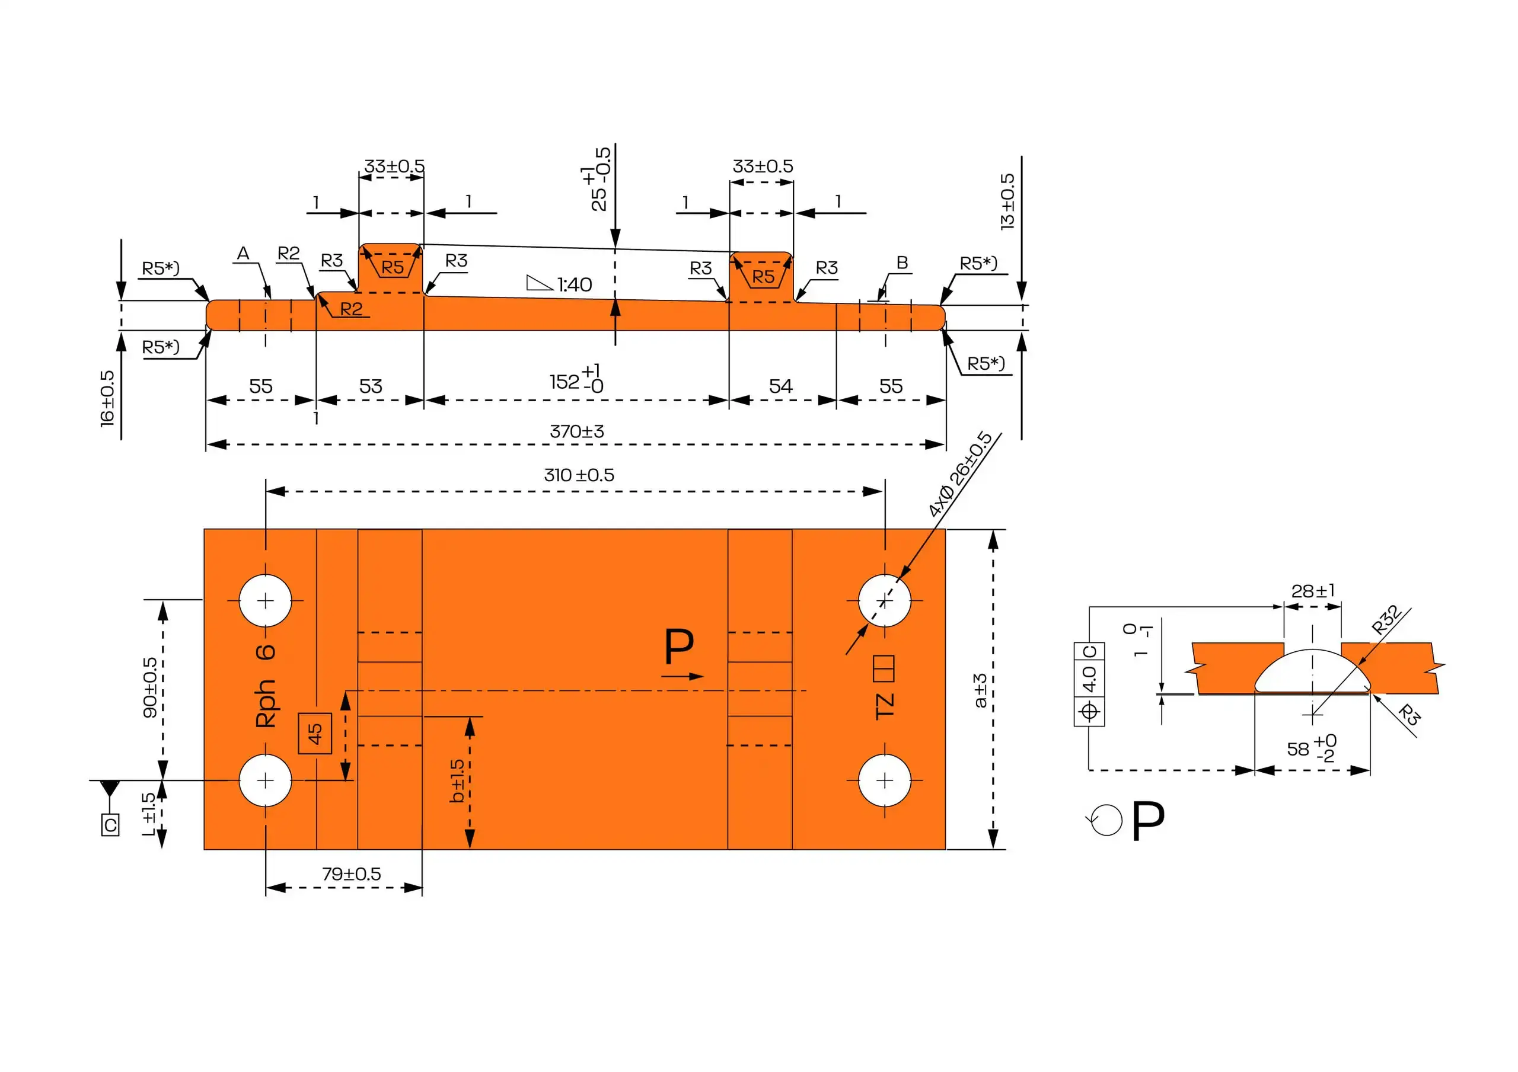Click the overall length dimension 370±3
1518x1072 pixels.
(x=576, y=431)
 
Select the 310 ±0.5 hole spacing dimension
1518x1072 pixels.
(x=579, y=475)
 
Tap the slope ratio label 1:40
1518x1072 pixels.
(x=573, y=285)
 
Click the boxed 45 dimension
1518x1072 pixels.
(x=315, y=733)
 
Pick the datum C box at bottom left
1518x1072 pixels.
(x=110, y=825)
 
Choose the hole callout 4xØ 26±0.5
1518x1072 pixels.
(x=960, y=474)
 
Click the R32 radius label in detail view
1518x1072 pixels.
(x=1385, y=619)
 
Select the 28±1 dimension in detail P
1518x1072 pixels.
(x=1312, y=591)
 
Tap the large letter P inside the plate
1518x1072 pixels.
(x=679, y=647)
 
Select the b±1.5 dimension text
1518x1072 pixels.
(x=457, y=780)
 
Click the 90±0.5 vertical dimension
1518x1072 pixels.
(x=150, y=687)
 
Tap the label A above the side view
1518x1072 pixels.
(x=243, y=253)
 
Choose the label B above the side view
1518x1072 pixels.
(x=902, y=263)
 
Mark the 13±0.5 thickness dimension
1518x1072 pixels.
(x=1007, y=201)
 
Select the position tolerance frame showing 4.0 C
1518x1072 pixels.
(x=1089, y=683)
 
